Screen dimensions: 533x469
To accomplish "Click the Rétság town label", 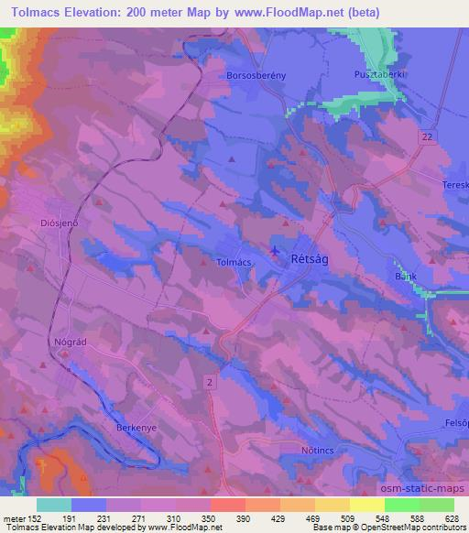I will point(310,260).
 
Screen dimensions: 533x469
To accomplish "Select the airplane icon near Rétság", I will point(276,249).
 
